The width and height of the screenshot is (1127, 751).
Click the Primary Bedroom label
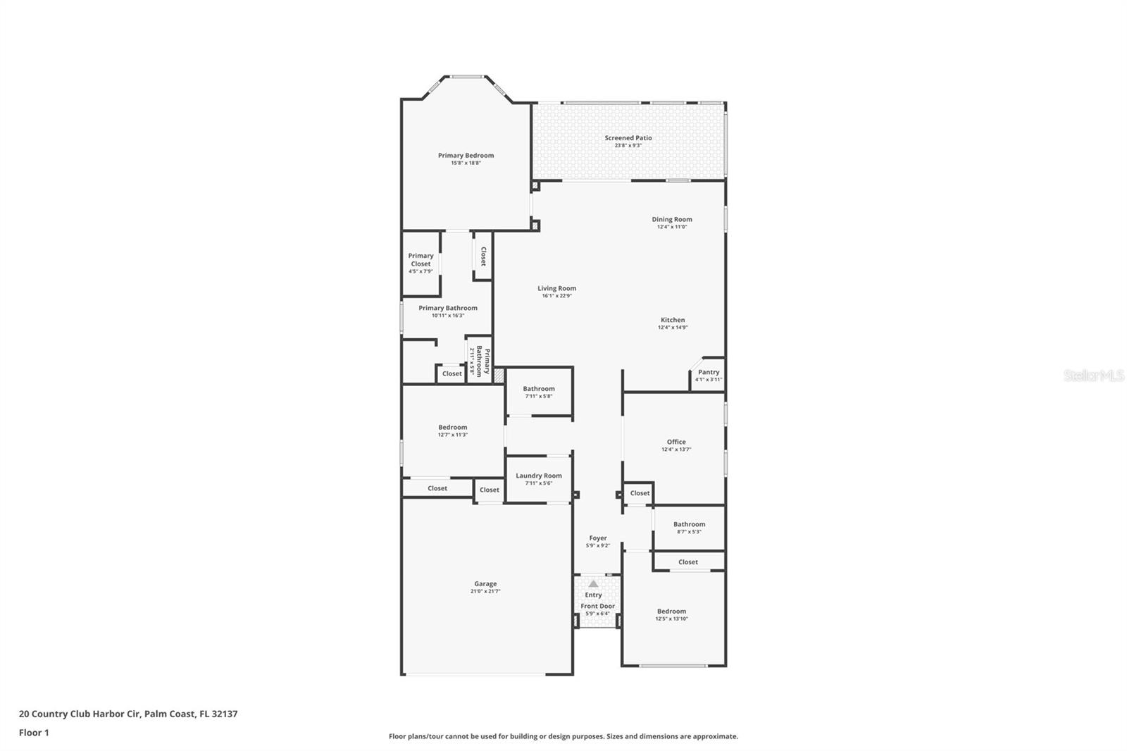pos(466,155)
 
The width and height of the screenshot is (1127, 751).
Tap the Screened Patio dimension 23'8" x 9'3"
pos(628,145)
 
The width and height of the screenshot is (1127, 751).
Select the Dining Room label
pos(671,219)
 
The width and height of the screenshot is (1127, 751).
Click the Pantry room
pos(708,375)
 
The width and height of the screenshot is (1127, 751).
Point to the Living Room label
pos(556,288)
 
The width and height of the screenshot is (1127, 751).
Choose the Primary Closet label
pos(421,259)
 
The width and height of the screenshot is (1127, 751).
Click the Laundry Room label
pos(538,476)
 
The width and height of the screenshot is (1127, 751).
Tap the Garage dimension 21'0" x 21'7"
pos(485,591)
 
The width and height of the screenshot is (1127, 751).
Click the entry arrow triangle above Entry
pos(593,583)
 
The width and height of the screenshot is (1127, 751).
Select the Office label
pos(676,442)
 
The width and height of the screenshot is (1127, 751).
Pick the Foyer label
pos(597,538)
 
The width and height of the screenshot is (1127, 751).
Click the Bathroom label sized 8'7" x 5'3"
pos(688,524)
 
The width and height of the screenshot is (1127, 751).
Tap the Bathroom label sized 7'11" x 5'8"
pos(538,389)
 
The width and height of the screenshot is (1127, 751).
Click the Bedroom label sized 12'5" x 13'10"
pos(671,612)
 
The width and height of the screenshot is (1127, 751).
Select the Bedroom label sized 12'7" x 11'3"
pos(452,427)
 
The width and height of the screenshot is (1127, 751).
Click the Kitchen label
pos(672,320)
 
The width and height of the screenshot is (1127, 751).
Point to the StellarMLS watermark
pos(1093,376)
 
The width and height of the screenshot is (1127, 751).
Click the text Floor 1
pos(34,733)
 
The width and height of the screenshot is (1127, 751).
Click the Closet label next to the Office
pos(640,493)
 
